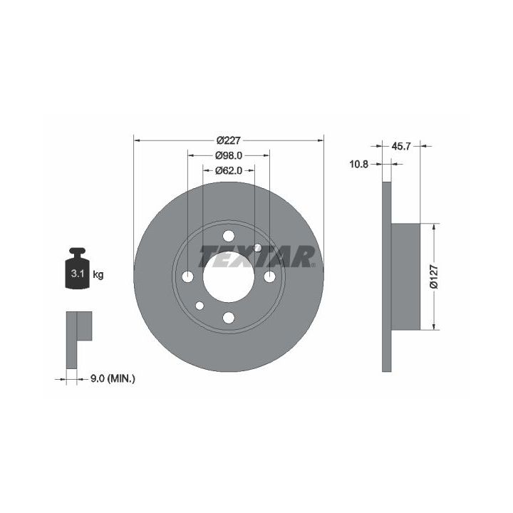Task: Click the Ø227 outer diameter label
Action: (229, 140)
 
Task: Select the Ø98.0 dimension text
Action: (229, 155)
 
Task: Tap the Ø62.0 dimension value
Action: (229, 170)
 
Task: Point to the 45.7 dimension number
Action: (400, 146)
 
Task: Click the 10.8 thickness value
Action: (359, 164)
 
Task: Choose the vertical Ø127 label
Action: (434, 276)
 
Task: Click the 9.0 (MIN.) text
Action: (113, 379)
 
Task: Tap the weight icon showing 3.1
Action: (78, 269)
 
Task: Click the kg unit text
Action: (98, 274)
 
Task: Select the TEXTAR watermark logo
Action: (257, 256)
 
